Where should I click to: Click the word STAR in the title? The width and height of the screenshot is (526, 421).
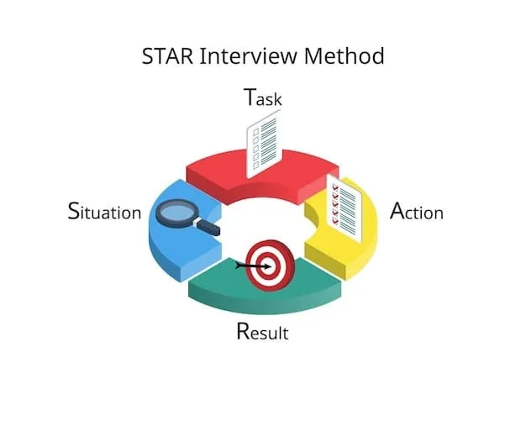click(170, 57)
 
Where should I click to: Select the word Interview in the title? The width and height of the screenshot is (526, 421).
click(246, 57)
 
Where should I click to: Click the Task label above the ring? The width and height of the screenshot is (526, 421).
click(262, 97)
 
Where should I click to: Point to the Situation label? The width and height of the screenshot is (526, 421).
click(103, 211)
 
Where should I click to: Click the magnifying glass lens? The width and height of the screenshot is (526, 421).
click(174, 211)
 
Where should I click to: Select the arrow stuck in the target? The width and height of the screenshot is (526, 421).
click(250, 266)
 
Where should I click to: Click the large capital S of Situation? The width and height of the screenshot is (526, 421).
click(74, 210)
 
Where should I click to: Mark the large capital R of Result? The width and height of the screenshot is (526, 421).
click(244, 330)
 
